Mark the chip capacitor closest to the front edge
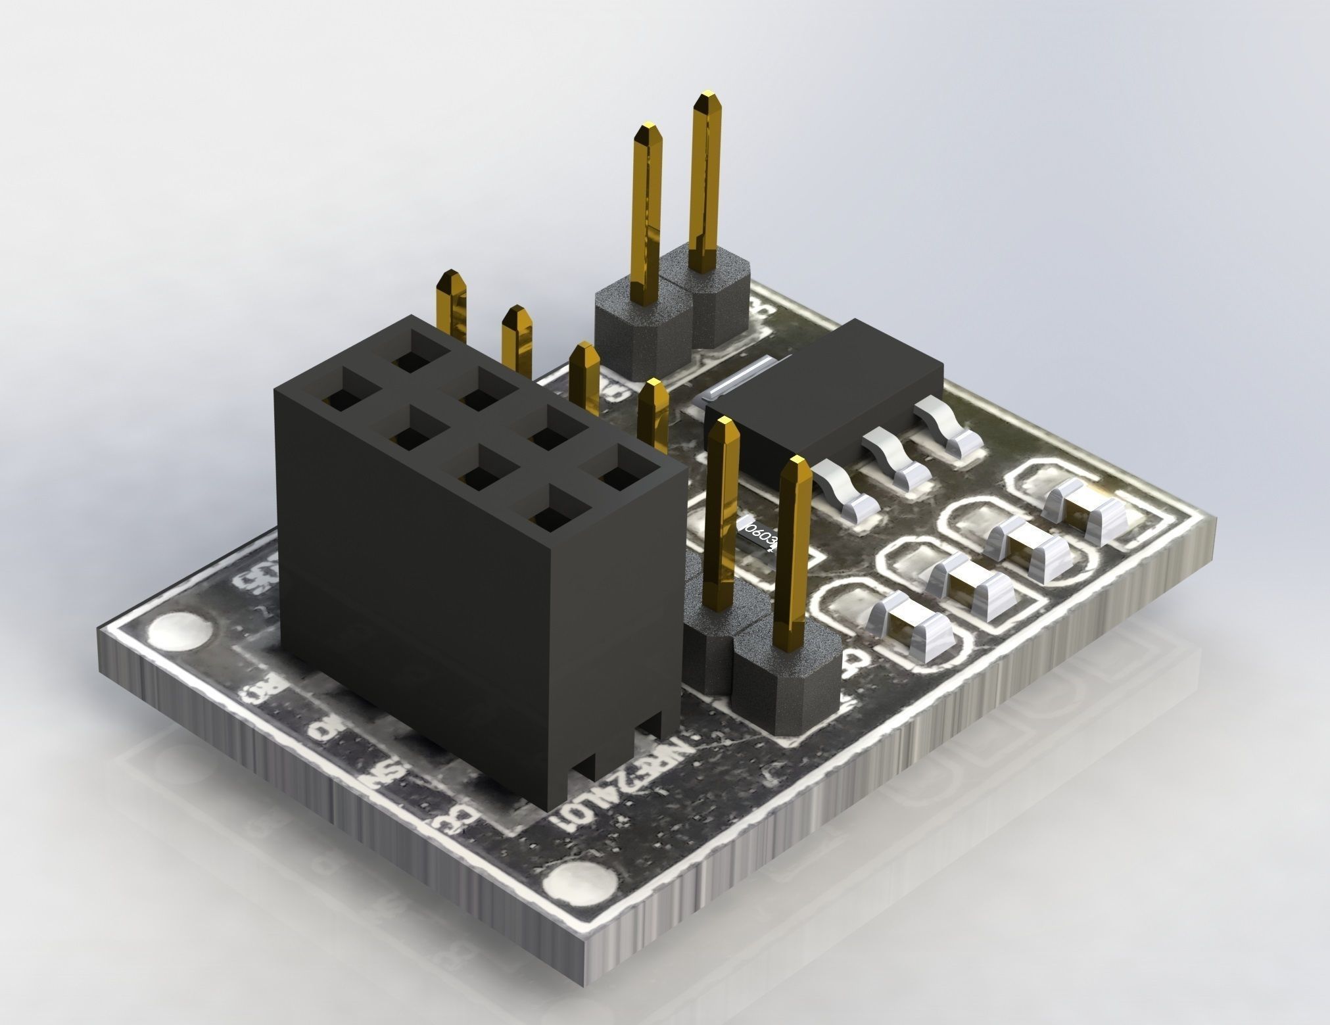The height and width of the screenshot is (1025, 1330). tap(911, 622)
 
